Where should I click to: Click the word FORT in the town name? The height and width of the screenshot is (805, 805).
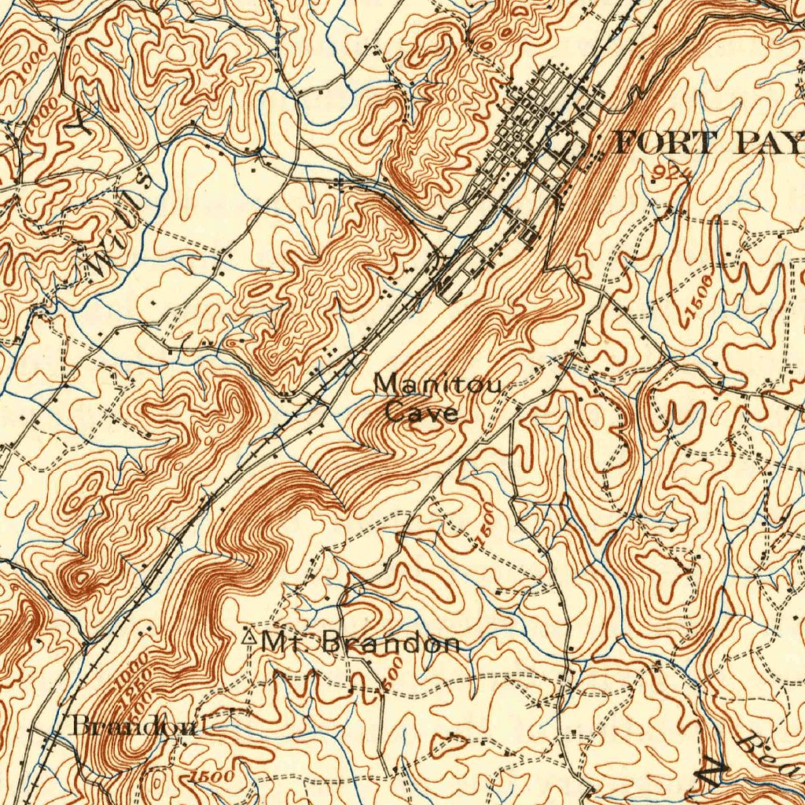(x=665, y=143)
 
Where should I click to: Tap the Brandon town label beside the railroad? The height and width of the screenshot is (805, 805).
(x=134, y=725)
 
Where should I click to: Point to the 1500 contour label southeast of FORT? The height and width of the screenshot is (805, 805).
(x=699, y=299)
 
